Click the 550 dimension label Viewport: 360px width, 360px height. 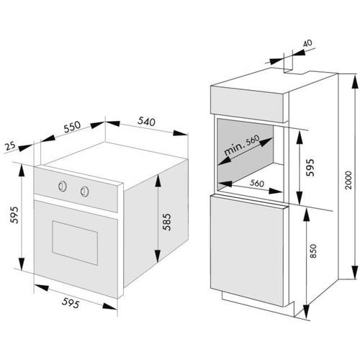72,127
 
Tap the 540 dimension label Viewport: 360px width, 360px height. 146,122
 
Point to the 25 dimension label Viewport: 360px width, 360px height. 10,145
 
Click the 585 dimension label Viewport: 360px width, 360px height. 167,222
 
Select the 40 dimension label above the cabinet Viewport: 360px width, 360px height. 307,43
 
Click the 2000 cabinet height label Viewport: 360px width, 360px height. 348,180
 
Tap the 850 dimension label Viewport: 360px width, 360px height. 313,251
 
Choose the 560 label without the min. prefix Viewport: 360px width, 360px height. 257,184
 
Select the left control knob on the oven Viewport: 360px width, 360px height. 62,186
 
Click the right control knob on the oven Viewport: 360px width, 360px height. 84,192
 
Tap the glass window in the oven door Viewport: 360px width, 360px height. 75,243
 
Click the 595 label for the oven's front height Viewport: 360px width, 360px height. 14,215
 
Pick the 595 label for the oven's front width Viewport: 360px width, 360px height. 71,302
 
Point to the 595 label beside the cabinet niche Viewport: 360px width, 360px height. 310,167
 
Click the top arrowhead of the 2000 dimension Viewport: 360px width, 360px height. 355,82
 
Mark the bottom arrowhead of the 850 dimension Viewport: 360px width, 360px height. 306,311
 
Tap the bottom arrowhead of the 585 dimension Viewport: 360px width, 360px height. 158,256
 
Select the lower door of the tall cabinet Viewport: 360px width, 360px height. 247,250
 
